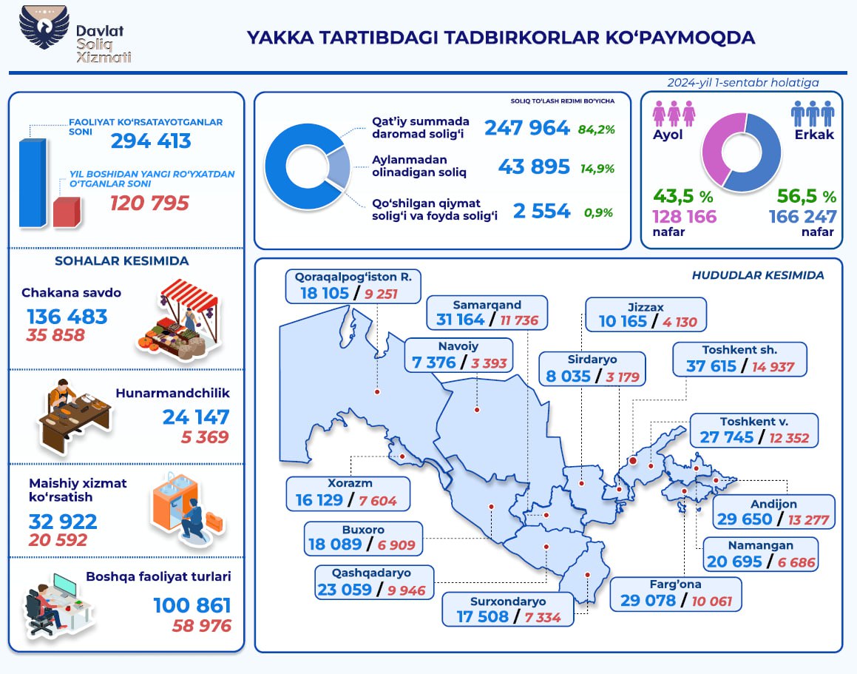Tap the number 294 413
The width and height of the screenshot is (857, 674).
coord(151,141)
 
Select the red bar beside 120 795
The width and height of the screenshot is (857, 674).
coord(66,212)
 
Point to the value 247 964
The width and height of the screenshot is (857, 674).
coord(526,127)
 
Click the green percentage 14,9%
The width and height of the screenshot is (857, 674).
coord(597,168)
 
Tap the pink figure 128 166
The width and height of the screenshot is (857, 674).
coord(684,216)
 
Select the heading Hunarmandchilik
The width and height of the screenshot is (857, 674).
coord(172,393)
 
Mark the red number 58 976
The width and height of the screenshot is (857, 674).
coord(202,625)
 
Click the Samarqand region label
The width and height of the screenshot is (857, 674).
coord(488,305)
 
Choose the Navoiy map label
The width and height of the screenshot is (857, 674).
coord(458,346)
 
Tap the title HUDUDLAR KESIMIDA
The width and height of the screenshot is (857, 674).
coord(757,275)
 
